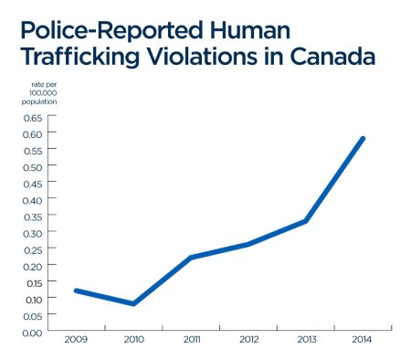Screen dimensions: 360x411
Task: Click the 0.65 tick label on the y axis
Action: coord(32,118)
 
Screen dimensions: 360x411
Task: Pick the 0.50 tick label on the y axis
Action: coord(32,167)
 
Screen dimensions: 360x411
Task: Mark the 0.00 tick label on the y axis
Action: coord(32,332)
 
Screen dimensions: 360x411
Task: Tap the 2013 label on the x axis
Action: coord(305,340)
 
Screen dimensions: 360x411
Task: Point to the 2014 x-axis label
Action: coord(363,340)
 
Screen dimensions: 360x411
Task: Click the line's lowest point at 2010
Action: coord(133,304)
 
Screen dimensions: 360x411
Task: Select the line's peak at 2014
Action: coord(364,139)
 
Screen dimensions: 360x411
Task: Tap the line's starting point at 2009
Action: coord(76,291)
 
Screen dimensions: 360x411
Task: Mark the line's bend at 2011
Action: coord(191,258)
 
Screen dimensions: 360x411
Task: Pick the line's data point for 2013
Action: coord(306,221)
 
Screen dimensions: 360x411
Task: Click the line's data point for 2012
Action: coord(248,244)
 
